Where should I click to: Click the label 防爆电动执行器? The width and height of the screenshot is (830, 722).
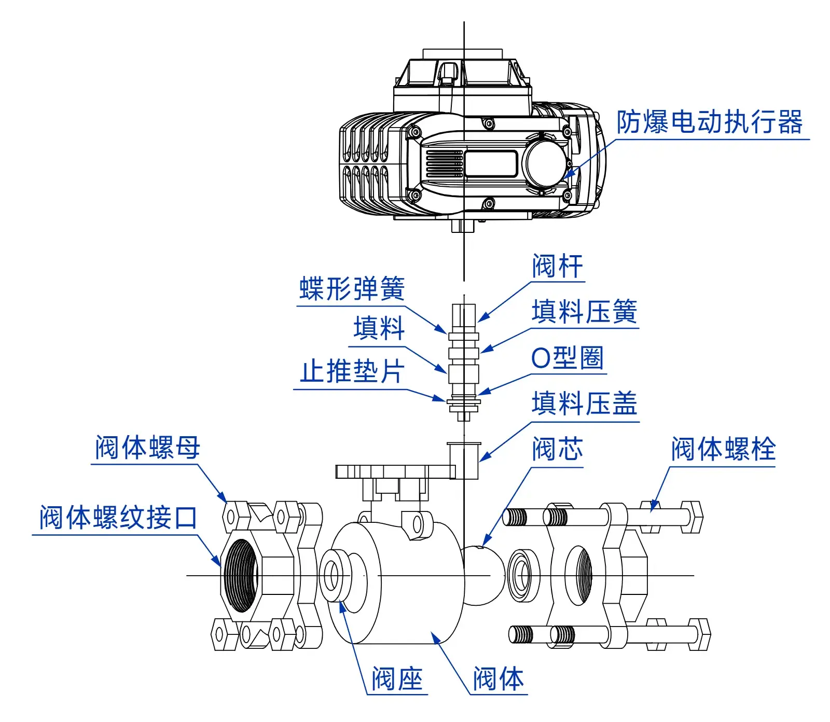pos(709,122)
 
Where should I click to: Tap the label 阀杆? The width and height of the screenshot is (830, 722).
pos(558,266)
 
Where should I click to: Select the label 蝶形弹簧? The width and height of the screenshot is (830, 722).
pos(352,289)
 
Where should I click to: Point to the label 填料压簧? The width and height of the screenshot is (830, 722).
pos(585,312)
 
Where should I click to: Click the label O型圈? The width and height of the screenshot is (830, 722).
pos(568,358)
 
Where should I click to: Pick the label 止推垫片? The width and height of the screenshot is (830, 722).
pos(352,372)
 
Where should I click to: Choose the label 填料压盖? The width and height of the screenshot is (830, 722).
pos(585,404)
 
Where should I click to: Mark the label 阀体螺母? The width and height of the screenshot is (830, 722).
pos(147,447)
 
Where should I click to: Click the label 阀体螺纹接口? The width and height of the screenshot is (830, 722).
pos(119,517)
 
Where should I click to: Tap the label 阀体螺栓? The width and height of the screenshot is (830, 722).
pos(724,449)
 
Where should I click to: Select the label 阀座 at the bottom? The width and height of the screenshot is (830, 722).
pos(397,678)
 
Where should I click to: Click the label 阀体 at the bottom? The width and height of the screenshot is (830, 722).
pos(499,678)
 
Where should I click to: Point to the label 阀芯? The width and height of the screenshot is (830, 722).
pos(558,449)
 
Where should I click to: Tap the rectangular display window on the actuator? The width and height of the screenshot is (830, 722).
pos(491,163)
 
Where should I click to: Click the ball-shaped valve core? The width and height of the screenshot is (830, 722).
pos(483,575)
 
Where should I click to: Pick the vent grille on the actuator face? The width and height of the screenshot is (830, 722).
pos(444,163)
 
